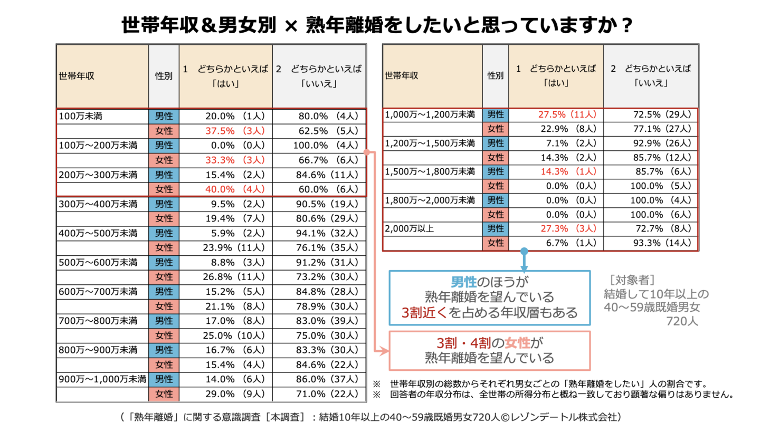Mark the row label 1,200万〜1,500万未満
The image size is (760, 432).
tap(430, 142)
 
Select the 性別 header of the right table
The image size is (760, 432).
tap(495, 75)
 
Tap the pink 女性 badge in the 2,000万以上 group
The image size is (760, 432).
tap(495, 243)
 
